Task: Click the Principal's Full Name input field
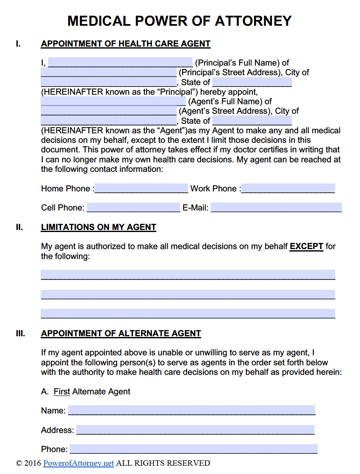120,62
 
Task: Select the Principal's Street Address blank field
109,72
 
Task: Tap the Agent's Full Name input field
113,101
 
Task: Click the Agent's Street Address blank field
109,111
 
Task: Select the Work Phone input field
288,188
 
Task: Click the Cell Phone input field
133,208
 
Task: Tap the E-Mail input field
276,208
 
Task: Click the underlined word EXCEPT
306,246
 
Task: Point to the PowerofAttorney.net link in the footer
78,463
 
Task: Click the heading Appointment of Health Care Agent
126,44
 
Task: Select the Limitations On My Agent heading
99,227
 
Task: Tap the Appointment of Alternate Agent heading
121,333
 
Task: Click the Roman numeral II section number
19,227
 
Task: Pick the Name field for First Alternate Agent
192,410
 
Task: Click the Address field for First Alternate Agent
195,430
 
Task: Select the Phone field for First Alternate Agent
193,449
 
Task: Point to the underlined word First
62,391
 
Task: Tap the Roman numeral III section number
20,333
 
